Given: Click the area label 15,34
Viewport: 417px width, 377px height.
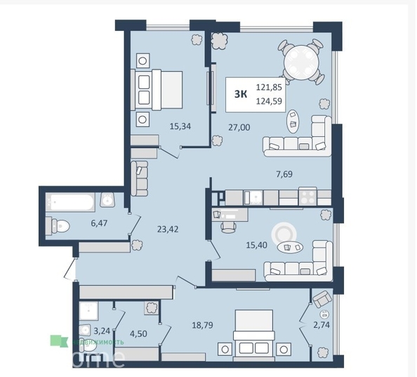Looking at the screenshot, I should (180, 126).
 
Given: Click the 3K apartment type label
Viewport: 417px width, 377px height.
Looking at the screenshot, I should (240, 94).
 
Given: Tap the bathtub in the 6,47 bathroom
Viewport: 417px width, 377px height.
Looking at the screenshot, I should (70, 202).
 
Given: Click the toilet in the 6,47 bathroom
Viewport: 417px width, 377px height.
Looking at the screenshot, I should (58, 226).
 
